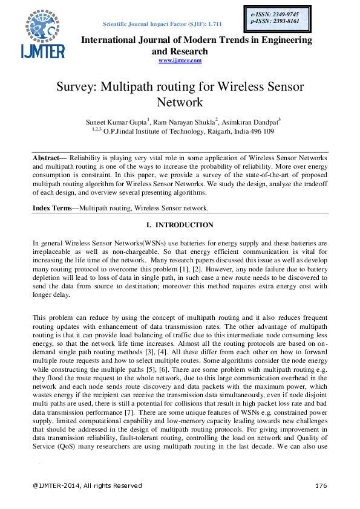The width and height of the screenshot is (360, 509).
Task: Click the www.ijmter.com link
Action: point(180,60)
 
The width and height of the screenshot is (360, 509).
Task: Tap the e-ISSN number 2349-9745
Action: point(288,13)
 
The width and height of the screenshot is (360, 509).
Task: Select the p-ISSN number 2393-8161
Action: point(288,21)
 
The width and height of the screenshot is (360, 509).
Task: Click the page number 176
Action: point(321,485)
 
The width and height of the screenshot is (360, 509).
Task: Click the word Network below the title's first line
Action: point(180,102)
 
